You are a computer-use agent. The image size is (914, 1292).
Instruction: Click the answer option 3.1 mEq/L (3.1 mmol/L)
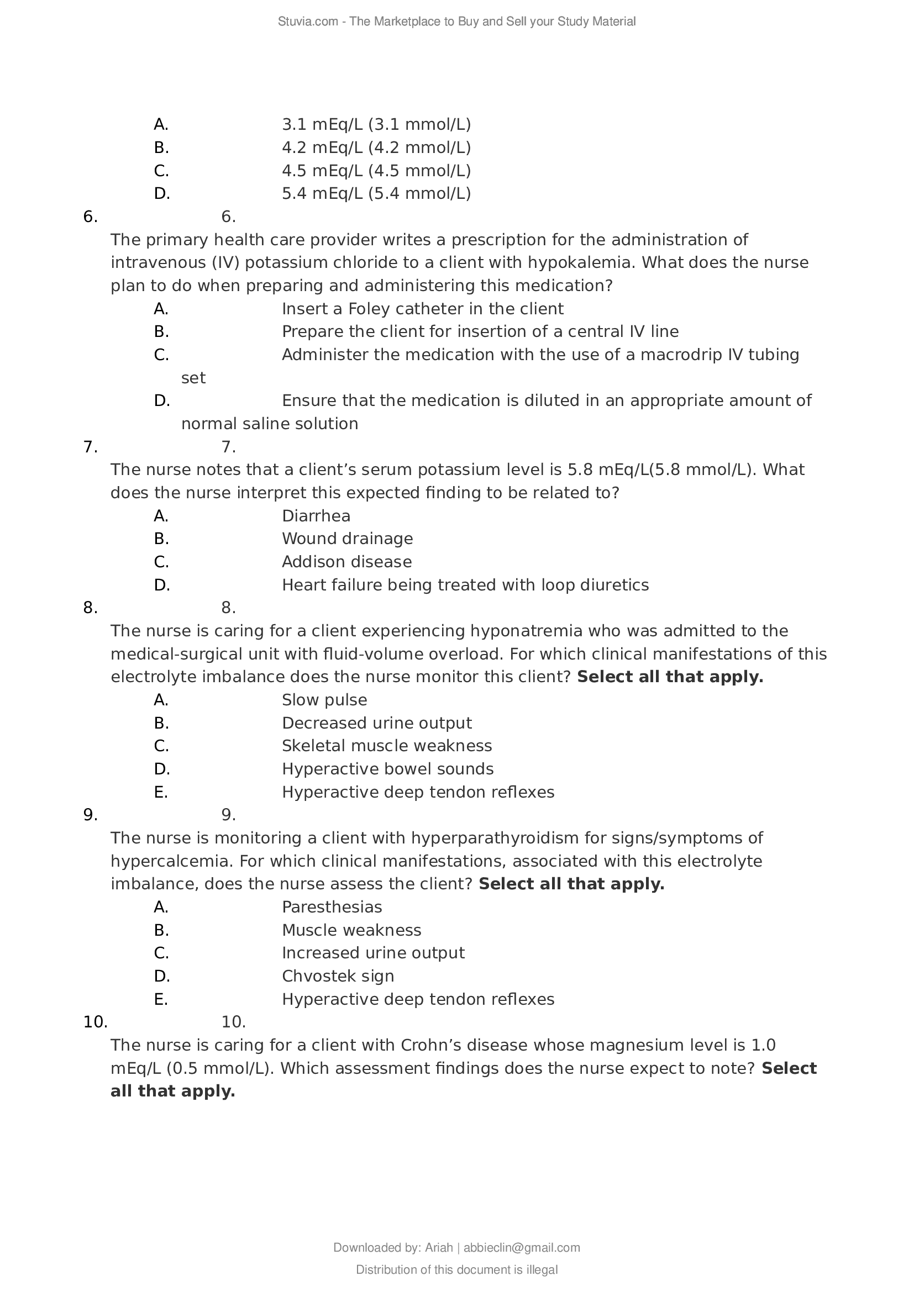click(x=376, y=124)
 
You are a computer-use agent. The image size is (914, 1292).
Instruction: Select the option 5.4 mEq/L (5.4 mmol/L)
click(x=376, y=193)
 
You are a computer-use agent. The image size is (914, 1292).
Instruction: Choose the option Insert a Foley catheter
click(x=422, y=309)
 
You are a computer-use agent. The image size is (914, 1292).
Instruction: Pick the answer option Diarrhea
click(x=316, y=516)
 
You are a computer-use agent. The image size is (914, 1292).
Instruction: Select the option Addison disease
click(x=346, y=562)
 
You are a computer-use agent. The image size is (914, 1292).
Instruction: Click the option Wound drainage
click(x=347, y=539)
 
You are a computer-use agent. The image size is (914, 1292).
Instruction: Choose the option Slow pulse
click(x=324, y=700)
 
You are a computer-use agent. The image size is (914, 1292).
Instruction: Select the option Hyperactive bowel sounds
click(x=387, y=769)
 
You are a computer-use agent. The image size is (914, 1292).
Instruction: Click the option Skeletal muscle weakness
click(x=387, y=746)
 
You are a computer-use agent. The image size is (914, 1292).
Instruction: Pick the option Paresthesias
click(x=332, y=907)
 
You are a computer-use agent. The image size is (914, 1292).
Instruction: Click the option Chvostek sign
click(x=338, y=976)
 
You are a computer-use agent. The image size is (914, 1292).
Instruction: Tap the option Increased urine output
click(x=372, y=953)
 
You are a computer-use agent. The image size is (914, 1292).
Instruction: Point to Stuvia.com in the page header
click(x=307, y=22)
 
